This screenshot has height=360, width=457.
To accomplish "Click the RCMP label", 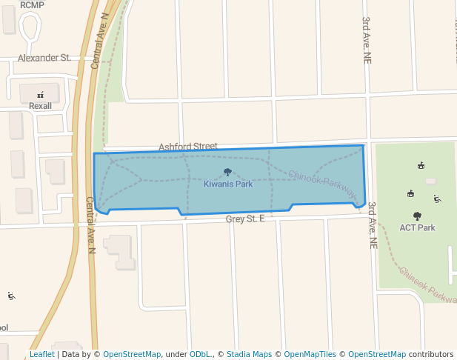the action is pyautogui.click(x=33, y=4).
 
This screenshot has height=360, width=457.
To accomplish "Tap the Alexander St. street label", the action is pyautogui.click(x=44, y=58).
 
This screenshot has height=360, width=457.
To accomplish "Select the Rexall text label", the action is pyautogui.click(x=41, y=106).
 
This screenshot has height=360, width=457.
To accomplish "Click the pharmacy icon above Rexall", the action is pyautogui.click(x=40, y=94).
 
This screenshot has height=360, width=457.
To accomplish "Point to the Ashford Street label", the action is pyautogui.click(x=187, y=147).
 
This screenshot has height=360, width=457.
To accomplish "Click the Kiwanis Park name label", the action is pyautogui.click(x=228, y=184).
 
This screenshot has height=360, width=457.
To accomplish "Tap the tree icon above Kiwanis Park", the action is pyautogui.click(x=227, y=172).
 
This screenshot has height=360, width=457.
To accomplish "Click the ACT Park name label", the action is pyautogui.click(x=418, y=227).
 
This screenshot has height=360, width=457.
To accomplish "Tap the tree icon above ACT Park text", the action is pyautogui.click(x=417, y=216).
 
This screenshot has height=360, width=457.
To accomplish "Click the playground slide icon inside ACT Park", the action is pyautogui.click(x=437, y=199).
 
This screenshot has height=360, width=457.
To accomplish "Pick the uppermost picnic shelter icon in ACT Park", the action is pyautogui.click(x=421, y=165).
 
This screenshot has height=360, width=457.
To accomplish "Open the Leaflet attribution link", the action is pyautogui.click(x=41, y=354).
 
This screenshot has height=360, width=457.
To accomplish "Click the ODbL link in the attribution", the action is pyautogui.click(x=201, y=354).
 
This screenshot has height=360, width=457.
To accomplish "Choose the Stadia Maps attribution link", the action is pyautogui.click(x=249, y=354).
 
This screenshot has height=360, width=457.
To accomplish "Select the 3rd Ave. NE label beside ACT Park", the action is pyautogui.click(x=373, y=224).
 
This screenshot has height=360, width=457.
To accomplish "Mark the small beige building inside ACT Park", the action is pyautogui.click(x=431, y=181).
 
